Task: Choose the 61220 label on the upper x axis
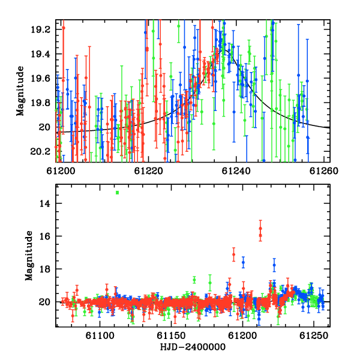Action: point(149,171)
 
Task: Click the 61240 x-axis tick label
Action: point(236,171)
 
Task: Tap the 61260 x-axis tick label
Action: point(324,171)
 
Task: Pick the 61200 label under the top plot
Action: point(61,171)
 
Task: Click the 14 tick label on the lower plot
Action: point(45,203)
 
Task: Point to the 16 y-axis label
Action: point(45,236)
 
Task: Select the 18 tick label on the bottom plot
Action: point(45,269)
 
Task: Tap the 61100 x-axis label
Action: point(100,335)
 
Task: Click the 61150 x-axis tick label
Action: point(171,335)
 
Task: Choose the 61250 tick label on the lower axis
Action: point(314,335)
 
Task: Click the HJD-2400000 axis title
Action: point(193,347)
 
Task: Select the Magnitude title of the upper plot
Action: point(20,91)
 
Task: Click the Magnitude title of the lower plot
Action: point(29,256)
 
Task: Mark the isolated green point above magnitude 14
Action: point(118,193)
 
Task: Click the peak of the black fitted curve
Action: point(225,50)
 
